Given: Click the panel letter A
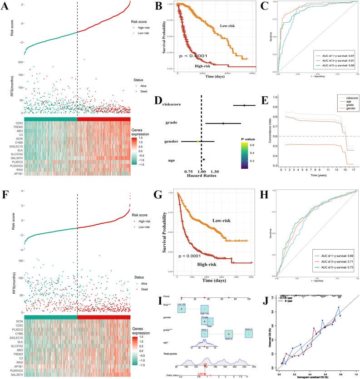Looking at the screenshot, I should click(x=5, y=6).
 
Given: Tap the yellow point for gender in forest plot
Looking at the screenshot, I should click(x=198, y=142).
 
